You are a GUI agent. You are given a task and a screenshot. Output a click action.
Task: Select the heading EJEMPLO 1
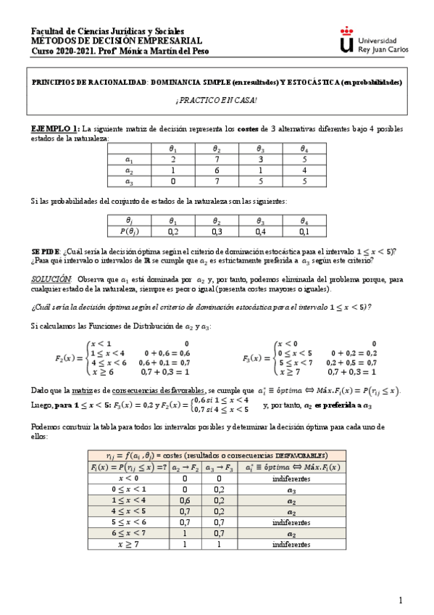pos(55,128)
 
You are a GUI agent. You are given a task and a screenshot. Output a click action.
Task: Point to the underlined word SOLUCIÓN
pos(51,278)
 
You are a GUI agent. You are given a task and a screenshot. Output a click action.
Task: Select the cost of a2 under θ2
pos(217,170)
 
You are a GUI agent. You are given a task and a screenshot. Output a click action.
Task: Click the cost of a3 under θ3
pos(260,182)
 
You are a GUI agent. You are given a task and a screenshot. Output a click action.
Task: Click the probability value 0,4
pos(260,231)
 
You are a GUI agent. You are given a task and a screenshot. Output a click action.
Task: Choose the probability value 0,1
pos(304,231)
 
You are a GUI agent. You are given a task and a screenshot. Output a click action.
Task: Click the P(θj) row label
pos(130,231)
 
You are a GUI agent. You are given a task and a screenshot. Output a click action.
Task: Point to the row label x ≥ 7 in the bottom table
pos(128,544)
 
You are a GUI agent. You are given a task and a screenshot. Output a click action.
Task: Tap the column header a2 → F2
pos(185,467)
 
